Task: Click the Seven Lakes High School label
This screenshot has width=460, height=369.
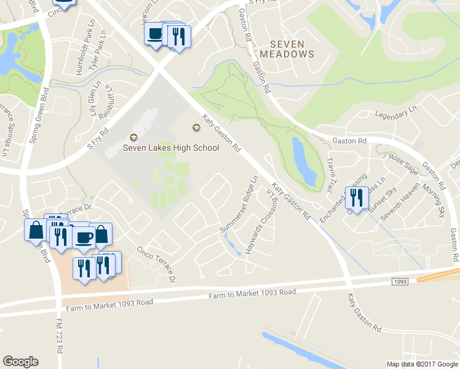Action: tap(171, 148)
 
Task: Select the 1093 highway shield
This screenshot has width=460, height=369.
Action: tap(399, 281)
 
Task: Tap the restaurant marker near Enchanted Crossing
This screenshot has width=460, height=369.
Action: tap(356, 197)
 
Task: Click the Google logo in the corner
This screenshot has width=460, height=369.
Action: tap(20, 362)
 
